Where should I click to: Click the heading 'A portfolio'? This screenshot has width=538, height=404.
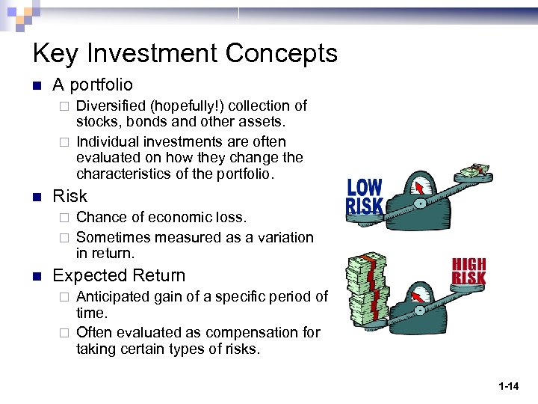tap(93, 85)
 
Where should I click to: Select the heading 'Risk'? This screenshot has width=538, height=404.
tap(69, 196)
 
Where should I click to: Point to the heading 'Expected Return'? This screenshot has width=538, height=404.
tap(119, 275)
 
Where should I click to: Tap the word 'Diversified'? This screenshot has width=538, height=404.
tap(110, 106)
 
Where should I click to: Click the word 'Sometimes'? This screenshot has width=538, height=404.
tap(111, 237)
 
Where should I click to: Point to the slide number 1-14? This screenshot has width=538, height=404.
tap(509, 386)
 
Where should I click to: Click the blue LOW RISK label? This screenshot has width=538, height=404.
tap(365, 198)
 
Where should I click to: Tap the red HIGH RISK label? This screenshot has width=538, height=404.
tap(469, 272)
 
